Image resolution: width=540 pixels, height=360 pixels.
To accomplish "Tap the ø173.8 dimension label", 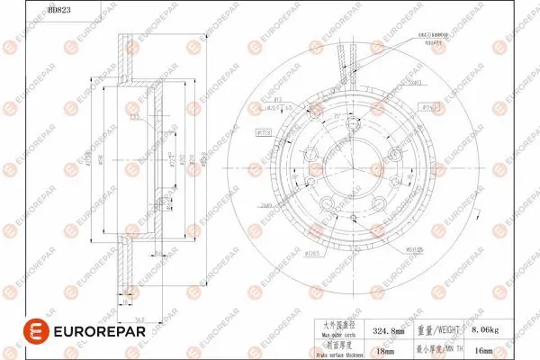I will [265, 132].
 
